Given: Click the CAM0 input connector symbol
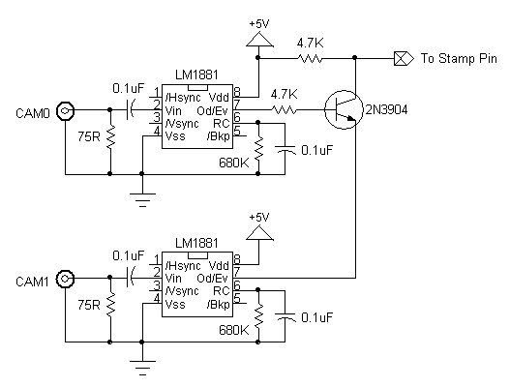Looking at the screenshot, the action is click(x=65, y=111).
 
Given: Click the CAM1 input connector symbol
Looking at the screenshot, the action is click(x=65, y=279).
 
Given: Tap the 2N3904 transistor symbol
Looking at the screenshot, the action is click(x=344, y=109).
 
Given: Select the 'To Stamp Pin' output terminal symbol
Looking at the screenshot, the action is click(x=404, y=59).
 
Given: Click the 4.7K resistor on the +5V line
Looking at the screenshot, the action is click(x=310, y=59).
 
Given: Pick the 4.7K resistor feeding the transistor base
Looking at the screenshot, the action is click(x=284, y=110).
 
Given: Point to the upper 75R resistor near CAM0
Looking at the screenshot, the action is click(x=110, y=136).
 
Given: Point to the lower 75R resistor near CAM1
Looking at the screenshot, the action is click(x=110, y=305).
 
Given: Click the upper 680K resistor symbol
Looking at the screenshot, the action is click(x=258, y=148).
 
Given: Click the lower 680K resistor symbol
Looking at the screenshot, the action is click(x=258, y=316).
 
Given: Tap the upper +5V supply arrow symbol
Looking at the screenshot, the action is click(x=259, y=40).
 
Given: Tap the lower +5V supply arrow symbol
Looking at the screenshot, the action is click(x=259, y=233).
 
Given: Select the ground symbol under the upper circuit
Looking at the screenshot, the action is click(x=142, y=199).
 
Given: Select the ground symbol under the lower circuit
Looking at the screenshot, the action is click(x=142, y=368).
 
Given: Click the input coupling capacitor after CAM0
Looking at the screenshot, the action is click(x=130, y=109).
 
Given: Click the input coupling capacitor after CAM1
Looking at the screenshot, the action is click(x=130, y=278).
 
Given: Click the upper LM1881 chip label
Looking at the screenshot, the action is click(x=196, y=75).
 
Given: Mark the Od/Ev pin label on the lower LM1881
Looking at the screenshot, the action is click(x=213, y=279).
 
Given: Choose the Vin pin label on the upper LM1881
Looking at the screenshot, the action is click(x=173, y=111).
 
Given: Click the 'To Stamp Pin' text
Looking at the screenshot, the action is click(x=459, y=59).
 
